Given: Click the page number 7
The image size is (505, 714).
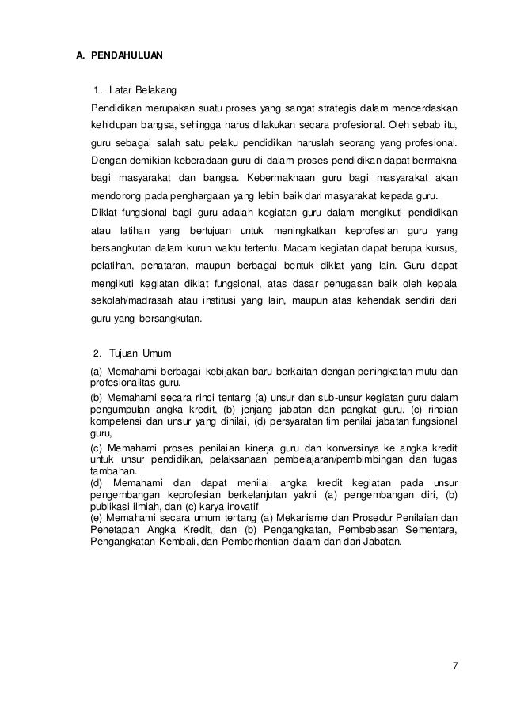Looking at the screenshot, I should click(x=454, y=663).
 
